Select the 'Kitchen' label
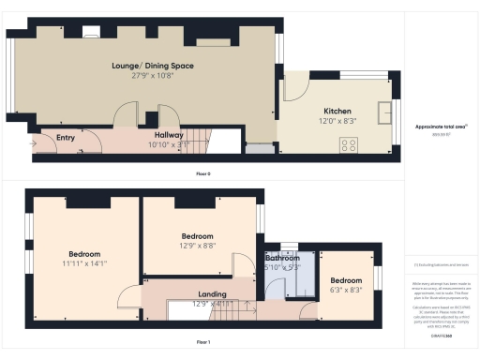[x=337, y=110]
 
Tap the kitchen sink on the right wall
[x=384, y=113]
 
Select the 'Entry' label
[x=66, y=138]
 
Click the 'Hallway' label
[x=155, y=134]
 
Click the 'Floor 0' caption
[x=202, y=174]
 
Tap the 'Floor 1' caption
[x=202, y=342]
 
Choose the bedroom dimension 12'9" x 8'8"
[x=197, y=246]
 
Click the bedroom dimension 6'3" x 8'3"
[x=345, y=290]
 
